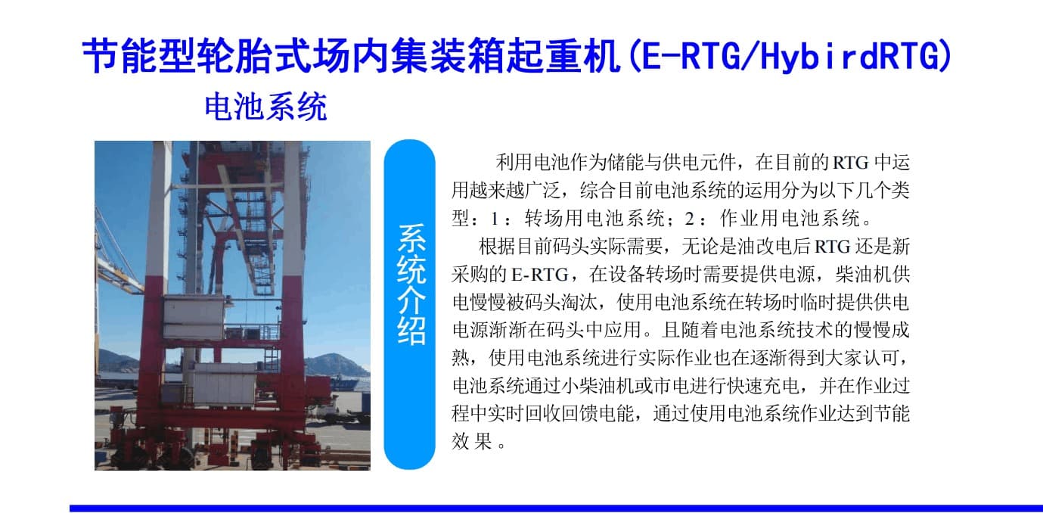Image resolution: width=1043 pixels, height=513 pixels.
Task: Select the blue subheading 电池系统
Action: [x=266, y=107]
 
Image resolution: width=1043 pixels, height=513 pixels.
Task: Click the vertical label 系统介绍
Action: [x=411, y=284]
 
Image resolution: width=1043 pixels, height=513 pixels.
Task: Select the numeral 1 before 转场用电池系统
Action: [x=494, y=218]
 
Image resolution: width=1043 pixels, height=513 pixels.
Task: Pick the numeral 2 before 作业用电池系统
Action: [x=690, y=218]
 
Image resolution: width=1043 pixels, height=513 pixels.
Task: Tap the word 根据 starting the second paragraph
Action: [x=497, y=246]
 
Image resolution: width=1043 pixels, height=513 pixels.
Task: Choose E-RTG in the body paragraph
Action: [x=540, y=275]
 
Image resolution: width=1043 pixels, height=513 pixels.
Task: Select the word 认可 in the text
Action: [x=880, y=358]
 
